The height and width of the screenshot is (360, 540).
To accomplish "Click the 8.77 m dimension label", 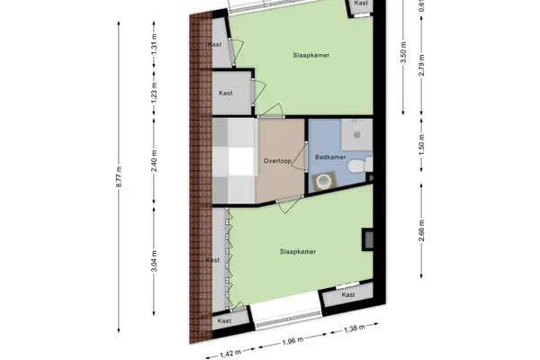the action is point(119,176).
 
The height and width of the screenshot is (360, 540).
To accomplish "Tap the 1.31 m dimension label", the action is point(154,44).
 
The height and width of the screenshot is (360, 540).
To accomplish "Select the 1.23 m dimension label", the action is point(154,93).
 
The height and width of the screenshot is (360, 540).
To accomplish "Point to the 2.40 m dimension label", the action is point(154,161).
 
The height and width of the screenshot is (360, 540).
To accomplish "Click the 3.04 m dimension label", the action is point(154,261).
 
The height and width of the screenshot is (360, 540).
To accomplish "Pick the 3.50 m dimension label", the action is point(403,52).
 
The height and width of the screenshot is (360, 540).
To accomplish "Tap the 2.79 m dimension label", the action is point(422,65).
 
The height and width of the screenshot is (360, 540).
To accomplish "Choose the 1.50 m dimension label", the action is point(422,145).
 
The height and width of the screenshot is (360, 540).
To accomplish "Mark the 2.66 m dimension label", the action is point(422,230).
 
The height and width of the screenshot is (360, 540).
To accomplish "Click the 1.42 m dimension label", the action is point(230,354).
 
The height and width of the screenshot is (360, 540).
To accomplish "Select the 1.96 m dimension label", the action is point(293,341).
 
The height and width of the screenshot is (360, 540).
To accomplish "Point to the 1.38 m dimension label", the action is point(355,328).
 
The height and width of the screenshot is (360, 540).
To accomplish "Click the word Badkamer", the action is point(330,157).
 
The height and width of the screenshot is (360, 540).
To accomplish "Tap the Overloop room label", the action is point(277,161).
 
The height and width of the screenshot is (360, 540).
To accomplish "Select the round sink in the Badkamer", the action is point(324,181).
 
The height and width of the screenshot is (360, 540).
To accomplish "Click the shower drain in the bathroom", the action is point(357,134).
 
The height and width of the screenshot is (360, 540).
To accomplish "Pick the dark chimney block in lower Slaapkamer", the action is point(367,239).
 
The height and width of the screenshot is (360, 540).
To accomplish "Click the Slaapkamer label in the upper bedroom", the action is point(311,55).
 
